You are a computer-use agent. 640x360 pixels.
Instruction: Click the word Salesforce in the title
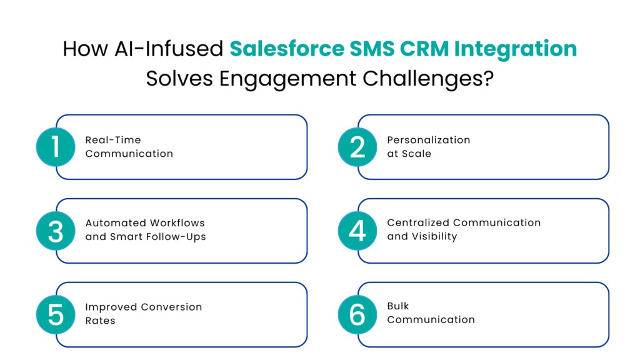click(x=287, y=49)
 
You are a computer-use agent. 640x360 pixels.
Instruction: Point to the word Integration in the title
click(x=515, y=49)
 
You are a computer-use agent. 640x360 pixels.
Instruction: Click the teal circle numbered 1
click(x=56, y=147)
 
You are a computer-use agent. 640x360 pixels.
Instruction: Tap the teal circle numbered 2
click(x=357, y=147)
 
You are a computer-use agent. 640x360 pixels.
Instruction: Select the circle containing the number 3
click(x=56, y=231)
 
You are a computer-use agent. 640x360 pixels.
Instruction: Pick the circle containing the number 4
click(x=357, y=231)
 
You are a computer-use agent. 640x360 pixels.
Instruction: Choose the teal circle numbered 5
click(x=56, y=315)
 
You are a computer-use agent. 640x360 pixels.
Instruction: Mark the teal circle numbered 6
click(x=357, y=315)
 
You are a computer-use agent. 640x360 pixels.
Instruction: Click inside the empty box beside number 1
click(x=191, y=147)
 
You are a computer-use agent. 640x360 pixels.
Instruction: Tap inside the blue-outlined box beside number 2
click(x=494, y=147)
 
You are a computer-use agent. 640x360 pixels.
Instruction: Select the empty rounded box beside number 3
click(x=191, y=231)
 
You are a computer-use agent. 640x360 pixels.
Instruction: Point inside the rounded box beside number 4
click(x=494, y=231)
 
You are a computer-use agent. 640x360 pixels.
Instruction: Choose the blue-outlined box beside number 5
click(x=191, y=315)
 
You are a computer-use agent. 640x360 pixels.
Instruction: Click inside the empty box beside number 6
click(x=494, y=315)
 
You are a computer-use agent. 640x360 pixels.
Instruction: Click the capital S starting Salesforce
click(x=236, y=49)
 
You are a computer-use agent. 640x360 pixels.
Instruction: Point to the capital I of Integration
click(x=456, y=49)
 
